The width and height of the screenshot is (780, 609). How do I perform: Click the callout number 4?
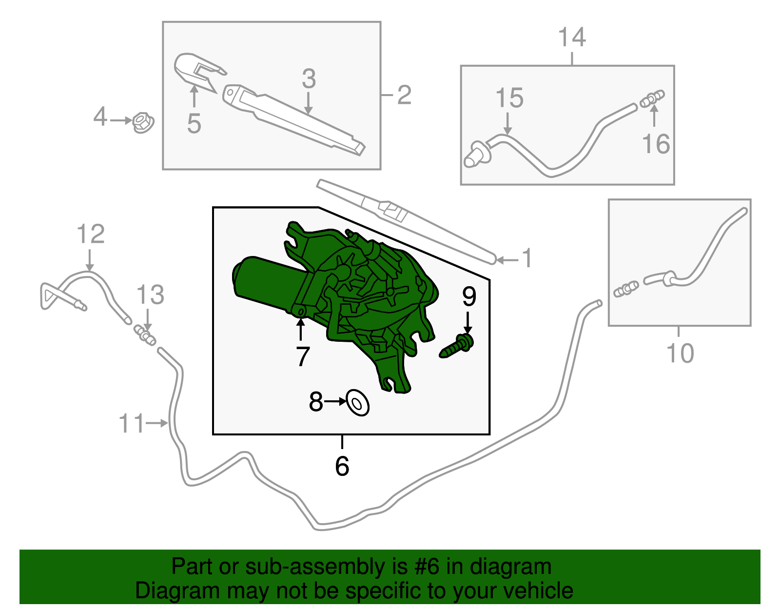coord(99,117)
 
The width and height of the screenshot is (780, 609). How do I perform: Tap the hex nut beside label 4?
coord(142,123)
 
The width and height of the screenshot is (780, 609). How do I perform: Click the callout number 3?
coord(309,79)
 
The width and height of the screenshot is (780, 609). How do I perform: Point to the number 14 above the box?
coord(571,38)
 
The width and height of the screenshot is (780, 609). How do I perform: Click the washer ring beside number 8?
coord(357,403)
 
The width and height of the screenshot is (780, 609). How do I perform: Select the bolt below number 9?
coord(457,347)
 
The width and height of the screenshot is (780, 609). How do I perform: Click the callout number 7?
coord(303,356)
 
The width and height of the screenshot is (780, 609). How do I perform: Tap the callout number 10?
coord(680,353)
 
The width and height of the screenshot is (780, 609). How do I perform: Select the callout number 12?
coord(91,234)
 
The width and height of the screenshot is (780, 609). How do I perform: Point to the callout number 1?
coord(527,258)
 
